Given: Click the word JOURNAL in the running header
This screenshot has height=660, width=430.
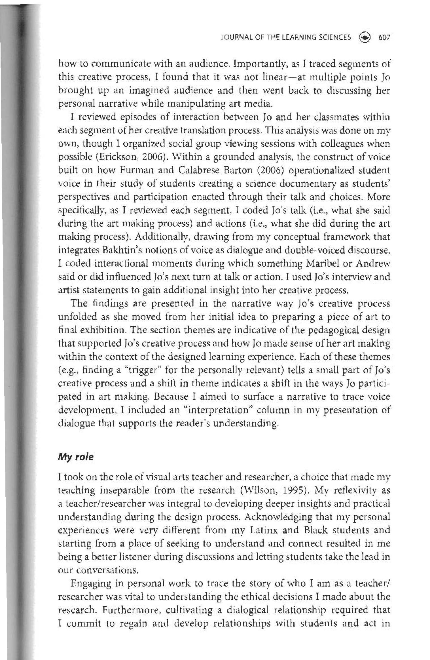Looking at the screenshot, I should (233, 37).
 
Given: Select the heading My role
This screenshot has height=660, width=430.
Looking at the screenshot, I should (75, 457).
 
